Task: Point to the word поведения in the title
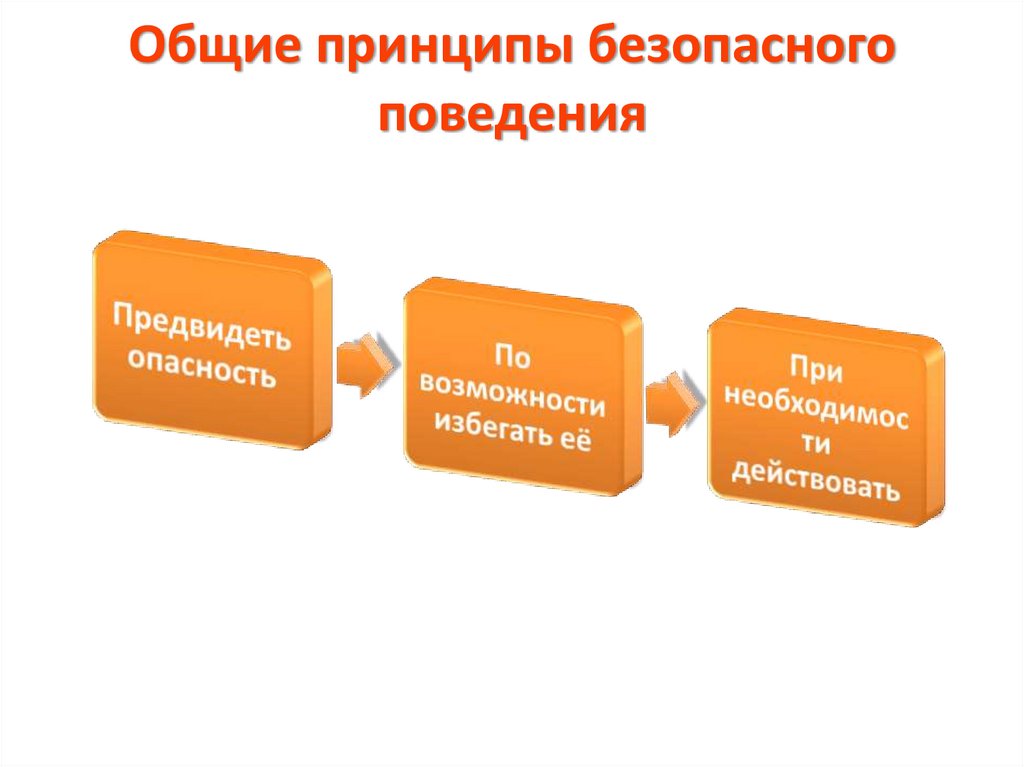(x=511, y=113)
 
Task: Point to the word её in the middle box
(x=576, y=442)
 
